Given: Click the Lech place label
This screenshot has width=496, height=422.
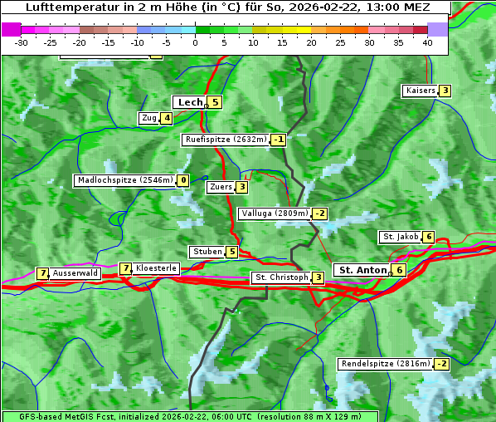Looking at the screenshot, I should coord(190,102).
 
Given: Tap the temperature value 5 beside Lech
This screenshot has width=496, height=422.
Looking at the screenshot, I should coord(215,102).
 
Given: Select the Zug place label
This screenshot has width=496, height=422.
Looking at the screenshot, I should coord(149,118).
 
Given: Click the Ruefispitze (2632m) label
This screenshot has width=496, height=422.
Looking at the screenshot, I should coord(226,140).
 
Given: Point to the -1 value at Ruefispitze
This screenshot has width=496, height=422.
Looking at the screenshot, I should coord(279,140).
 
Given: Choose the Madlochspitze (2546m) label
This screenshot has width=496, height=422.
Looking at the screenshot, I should coord(124,180).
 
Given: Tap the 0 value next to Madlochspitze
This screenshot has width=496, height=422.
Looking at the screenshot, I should coord(182,180).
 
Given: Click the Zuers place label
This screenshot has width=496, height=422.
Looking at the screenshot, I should coord(221,187).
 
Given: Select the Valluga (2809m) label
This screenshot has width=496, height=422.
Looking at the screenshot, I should coord(274,213).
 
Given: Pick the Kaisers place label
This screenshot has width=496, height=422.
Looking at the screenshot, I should coord(420,91).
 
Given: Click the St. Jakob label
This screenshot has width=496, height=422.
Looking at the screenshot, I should coord(400,237).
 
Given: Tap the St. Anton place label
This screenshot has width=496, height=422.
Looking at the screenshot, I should coord(362,270).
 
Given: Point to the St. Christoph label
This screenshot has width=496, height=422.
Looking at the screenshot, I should coord(281,277).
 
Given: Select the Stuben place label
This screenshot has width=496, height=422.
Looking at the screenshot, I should coord(207,252).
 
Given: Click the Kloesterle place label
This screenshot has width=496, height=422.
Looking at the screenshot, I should coord(156,268).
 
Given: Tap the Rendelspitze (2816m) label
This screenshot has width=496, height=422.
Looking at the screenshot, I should coord(386,364).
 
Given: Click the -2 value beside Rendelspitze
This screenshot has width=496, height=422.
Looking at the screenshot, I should coord(442,364).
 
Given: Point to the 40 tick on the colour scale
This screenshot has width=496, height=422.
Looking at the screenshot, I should coord(427,42).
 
